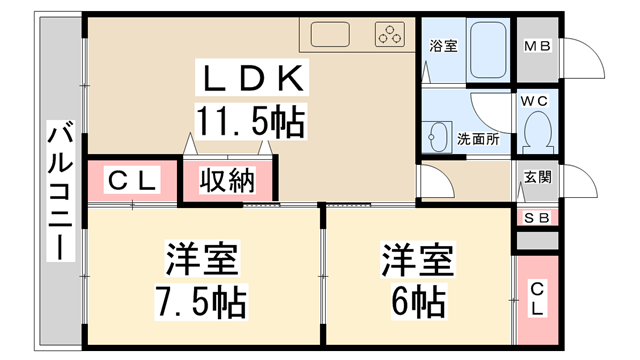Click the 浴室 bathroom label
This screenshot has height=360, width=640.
click(x=443, y=46)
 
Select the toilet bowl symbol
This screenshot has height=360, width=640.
click(x=538, y=130)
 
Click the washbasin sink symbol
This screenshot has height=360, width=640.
click(x=437, y=135)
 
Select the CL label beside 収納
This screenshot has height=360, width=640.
click(x=132, y=182)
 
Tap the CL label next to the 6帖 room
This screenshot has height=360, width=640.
click(x=537, y=298)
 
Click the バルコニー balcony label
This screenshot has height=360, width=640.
click(x=59, y=190)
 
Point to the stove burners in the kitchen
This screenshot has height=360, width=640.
click(x=390, y=36)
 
